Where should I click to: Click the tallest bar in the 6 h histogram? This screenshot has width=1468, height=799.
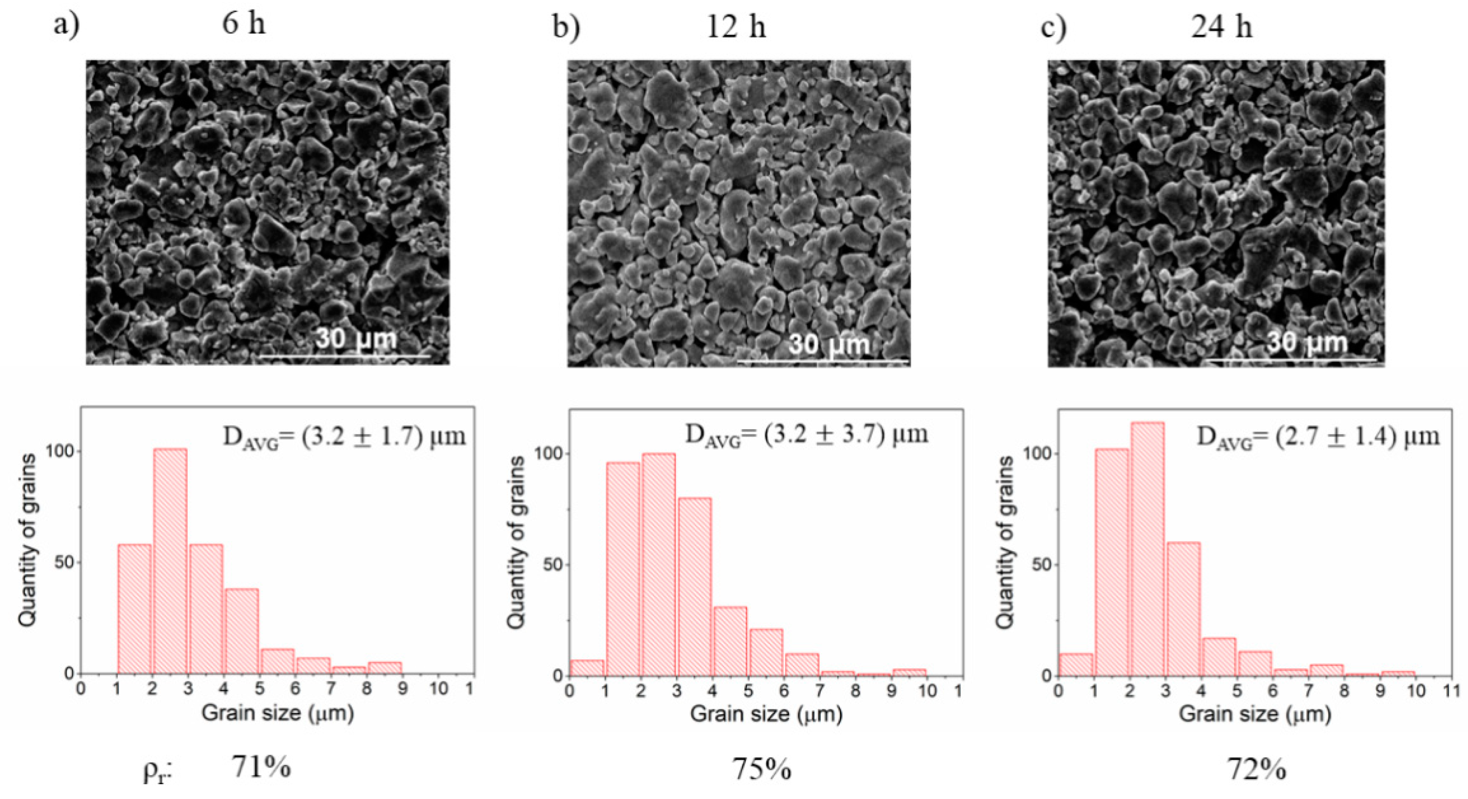pos(169,561)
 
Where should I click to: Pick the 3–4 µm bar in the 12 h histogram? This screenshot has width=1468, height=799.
pos(694,587)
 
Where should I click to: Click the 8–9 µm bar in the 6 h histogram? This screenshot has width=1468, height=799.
pos(384,668)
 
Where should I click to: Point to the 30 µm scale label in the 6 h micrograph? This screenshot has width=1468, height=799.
pos(356,340)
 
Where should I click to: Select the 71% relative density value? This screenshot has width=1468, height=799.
pos(261,767)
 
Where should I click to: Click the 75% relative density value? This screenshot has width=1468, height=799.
pos(762,769)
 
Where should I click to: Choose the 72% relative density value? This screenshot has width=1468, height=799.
pos(1256,769)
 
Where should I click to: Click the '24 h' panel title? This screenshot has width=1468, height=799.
pos(1221,27)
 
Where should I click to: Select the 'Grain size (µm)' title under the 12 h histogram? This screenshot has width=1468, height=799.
pos(766,714)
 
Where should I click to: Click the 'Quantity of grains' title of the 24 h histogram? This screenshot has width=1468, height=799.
pos(1005,542)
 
